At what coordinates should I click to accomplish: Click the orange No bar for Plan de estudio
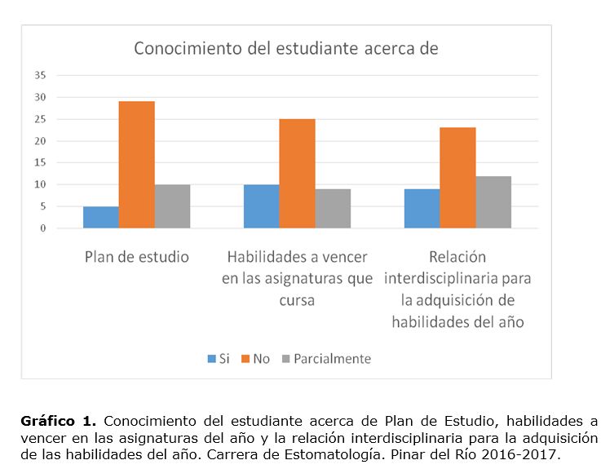click(x=136, y=165)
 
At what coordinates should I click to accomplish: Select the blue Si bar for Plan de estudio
click(x=100, y=218)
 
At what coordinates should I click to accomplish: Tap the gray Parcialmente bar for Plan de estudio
click(x=172, y=206)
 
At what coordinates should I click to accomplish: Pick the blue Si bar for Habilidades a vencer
click(x=261, y=206)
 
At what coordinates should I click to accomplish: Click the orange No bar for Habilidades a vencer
click(x=297, y=174)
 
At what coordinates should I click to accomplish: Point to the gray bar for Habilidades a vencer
click(x=333, y=209)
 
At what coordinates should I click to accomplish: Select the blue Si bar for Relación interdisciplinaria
click(x=422, y=209)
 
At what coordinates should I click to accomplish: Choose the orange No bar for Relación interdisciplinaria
click(x=457, y=178)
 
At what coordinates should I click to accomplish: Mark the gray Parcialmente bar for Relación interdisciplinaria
click(x=493, y=202)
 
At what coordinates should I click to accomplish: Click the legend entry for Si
click(x=219, y=359)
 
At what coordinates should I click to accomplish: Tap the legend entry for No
click(x=256, y=359)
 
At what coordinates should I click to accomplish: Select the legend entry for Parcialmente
click(x=326, y=359)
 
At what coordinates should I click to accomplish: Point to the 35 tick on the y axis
click(x=40, y=75)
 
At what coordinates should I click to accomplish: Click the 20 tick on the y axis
click(x=40, y=141)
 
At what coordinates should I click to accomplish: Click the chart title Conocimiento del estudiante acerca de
click(x=286, y=48)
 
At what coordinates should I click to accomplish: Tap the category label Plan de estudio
click(x=137, y=257)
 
